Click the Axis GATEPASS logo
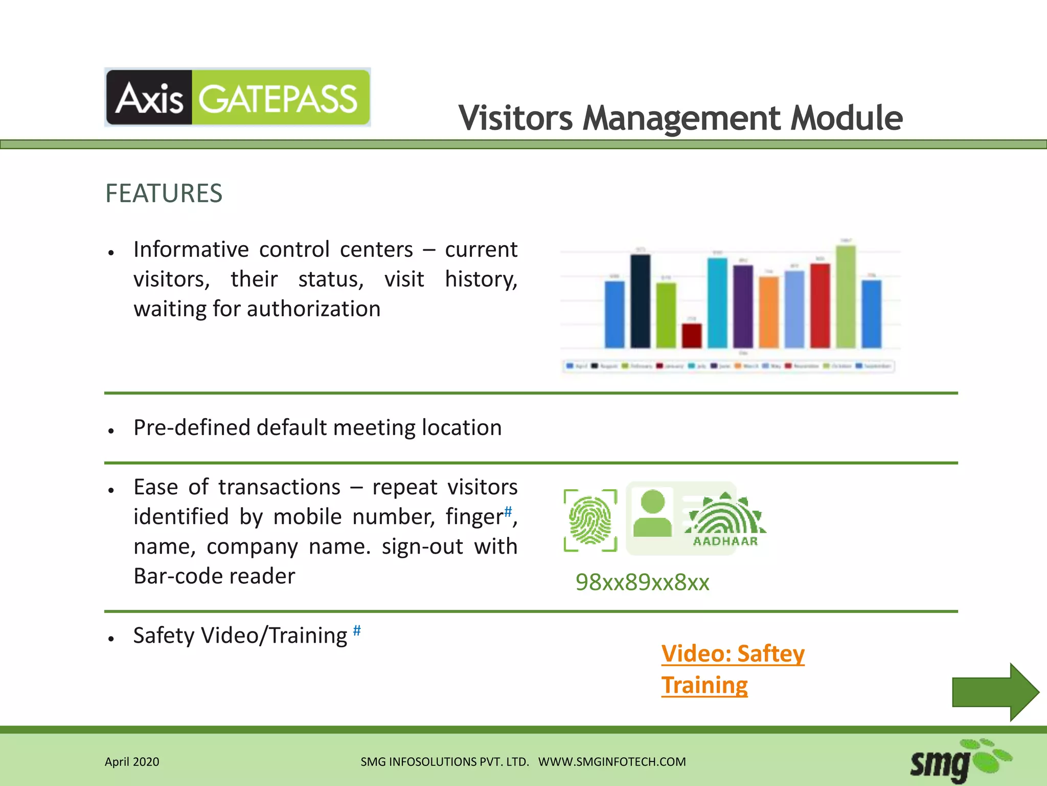point(237,97)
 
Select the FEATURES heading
point(164,193)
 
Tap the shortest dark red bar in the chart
point(692,335)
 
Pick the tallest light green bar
point(846,297)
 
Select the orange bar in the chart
point(769,312)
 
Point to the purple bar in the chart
point(743,306)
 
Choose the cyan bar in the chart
point(717,302)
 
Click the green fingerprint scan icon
point(590,520)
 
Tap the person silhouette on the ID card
point(652,514)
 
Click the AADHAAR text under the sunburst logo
point(725,541)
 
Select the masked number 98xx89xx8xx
point(642,582)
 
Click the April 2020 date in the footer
point(132,762)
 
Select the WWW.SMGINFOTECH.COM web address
point(612,762)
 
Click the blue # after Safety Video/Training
point(357,630)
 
